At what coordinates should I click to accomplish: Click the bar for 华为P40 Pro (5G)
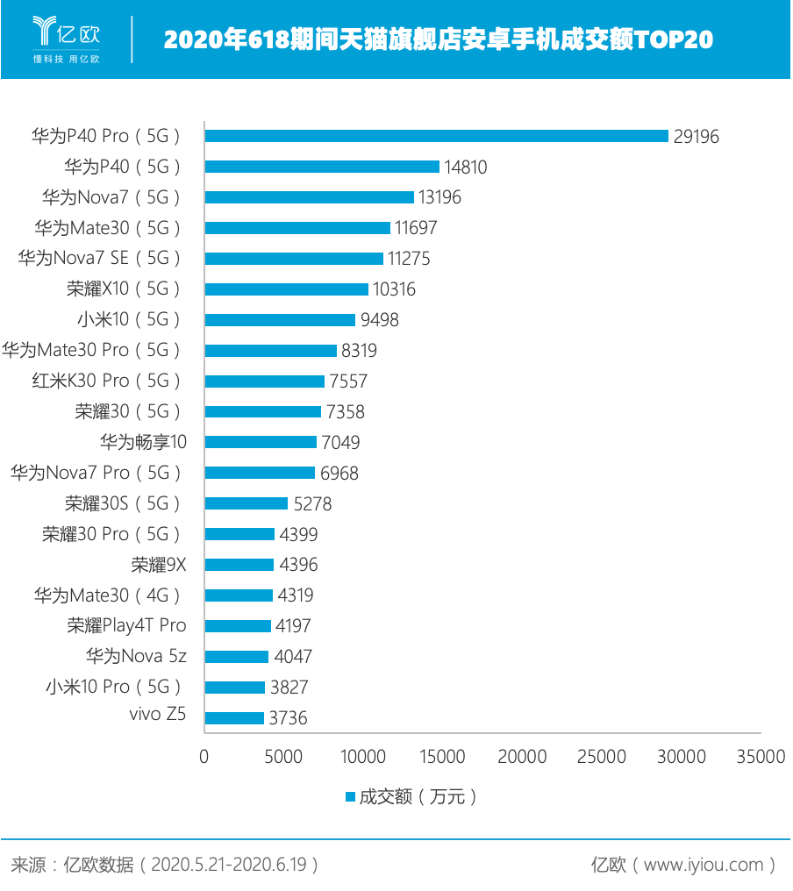pos(436,136)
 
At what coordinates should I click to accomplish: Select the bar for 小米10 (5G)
pos(280,320)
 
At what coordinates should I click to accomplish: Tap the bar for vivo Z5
pos(234,718)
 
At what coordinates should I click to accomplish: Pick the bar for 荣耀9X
pos(239,565)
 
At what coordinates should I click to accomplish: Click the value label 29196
pos(697,137)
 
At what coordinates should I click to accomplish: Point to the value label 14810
pos(464,168)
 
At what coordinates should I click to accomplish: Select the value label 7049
pos(340,443)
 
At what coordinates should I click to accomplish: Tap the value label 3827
pos(289,688)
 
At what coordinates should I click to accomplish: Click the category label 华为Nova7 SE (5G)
pos(100,258)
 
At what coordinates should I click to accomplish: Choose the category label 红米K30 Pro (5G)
pos(105,381)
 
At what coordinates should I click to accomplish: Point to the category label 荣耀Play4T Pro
pos(127,625)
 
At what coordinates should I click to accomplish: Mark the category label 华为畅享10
pos(143,442)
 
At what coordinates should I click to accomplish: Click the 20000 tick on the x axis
pos(523,757)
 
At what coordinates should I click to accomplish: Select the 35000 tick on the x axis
pos(761,757)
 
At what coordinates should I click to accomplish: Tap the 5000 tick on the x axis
pos(283,757)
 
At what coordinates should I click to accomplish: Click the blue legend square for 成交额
pos(350,797)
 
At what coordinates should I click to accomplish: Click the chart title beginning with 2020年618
pos(438,40)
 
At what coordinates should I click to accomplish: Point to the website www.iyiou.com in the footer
pos(704,865)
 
